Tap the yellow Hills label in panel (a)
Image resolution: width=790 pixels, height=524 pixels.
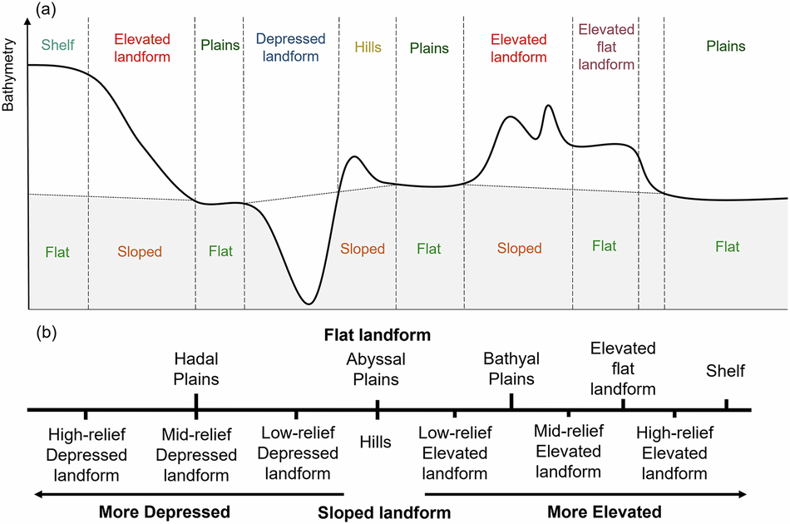coord(368,47)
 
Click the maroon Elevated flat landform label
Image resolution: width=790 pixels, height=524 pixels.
coord(606,47)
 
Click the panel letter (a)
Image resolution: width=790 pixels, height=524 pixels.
coord(47,10)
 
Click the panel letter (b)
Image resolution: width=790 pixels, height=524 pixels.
coord(47,334)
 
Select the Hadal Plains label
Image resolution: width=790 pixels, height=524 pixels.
coord(196,369)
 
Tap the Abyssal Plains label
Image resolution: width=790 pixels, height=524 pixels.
coord(377,369)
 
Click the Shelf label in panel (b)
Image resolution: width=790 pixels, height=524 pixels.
coord(726,371)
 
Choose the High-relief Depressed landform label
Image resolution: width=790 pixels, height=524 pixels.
coord(87,454)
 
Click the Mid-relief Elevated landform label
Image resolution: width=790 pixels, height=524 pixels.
coord(569,451)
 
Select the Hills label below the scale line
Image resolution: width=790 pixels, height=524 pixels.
coord(377,442)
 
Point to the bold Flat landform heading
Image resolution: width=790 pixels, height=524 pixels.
coord(378,335)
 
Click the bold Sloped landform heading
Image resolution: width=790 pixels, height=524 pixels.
coord(384,512)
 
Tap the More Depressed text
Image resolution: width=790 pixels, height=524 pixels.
coord(164,512)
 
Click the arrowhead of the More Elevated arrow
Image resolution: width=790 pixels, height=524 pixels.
coord(743,493)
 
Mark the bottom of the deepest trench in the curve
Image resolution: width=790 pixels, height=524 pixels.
coord(309,303)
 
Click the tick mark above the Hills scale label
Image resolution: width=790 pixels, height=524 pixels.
coord(378,410)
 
